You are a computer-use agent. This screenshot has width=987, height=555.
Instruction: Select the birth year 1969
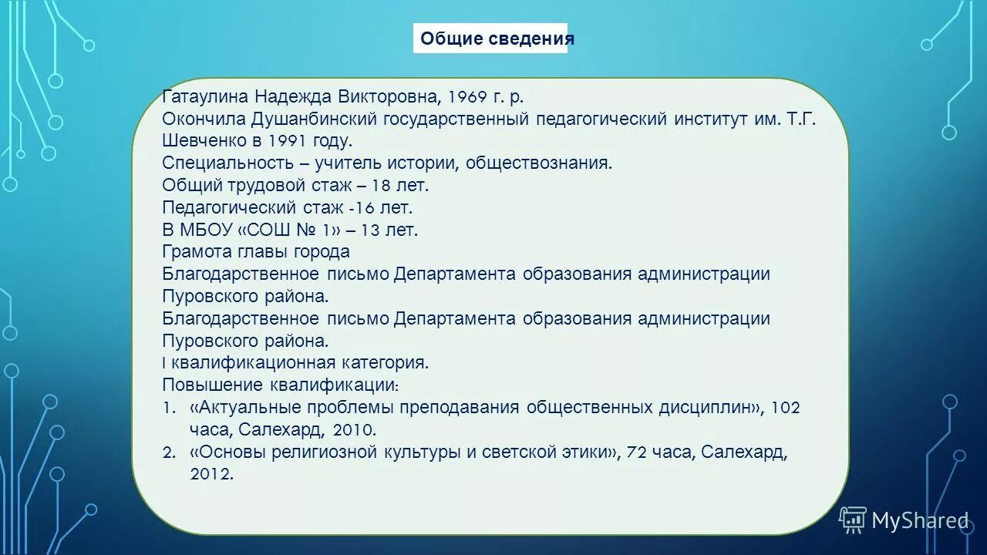coord(467,97)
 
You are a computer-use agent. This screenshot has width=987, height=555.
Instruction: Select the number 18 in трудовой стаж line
coord(379,186)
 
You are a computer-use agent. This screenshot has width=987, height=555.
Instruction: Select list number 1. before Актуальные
coord(169,408)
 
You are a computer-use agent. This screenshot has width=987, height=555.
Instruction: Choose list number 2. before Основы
coord(170,452)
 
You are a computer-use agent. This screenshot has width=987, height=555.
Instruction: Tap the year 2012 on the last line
coord(211,475)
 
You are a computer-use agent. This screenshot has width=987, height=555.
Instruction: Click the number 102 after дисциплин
coord(785,408)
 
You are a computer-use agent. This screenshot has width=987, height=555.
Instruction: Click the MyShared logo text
coord(919,521)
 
